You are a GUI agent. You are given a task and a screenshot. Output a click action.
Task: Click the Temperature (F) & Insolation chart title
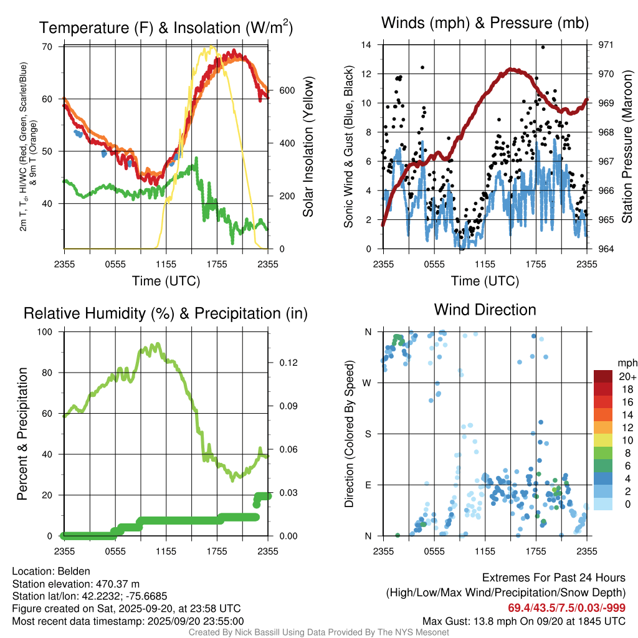[x=166, y=27]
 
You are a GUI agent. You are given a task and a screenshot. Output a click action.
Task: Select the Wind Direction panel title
[x=485, y=310]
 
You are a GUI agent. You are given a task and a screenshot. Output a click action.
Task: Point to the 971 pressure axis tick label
[x=605, y=45]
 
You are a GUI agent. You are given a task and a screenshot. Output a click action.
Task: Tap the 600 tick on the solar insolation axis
[x=287, y=90]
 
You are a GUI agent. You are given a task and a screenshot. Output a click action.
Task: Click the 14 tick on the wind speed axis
[x=366, y=45]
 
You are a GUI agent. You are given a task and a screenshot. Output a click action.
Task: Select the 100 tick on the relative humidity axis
[x=46, y=332]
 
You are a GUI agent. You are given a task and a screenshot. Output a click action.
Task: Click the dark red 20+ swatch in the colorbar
[x=603, y=376]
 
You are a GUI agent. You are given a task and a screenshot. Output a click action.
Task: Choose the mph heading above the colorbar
[x=626, y=363]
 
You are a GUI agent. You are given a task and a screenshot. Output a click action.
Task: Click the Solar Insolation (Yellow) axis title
[x=308, y=147]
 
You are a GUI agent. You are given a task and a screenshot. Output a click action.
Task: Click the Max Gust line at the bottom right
[x=523, y=621]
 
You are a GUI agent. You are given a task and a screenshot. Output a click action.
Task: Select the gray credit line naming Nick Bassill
[x=318, y=632]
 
